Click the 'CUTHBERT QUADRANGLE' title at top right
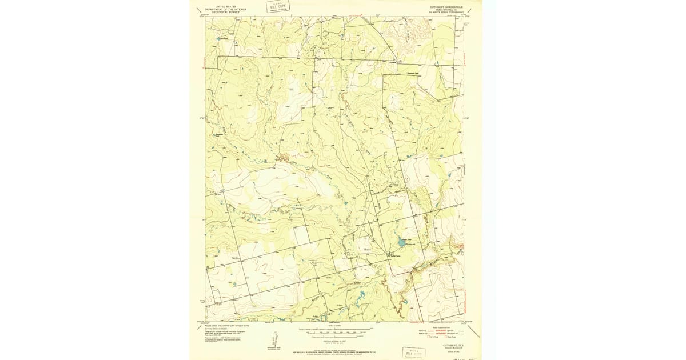446,7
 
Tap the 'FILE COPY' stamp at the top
277,7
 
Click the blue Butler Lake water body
401,243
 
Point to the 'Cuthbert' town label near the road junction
394,61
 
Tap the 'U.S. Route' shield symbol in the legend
430,337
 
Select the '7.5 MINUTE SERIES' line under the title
446,12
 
